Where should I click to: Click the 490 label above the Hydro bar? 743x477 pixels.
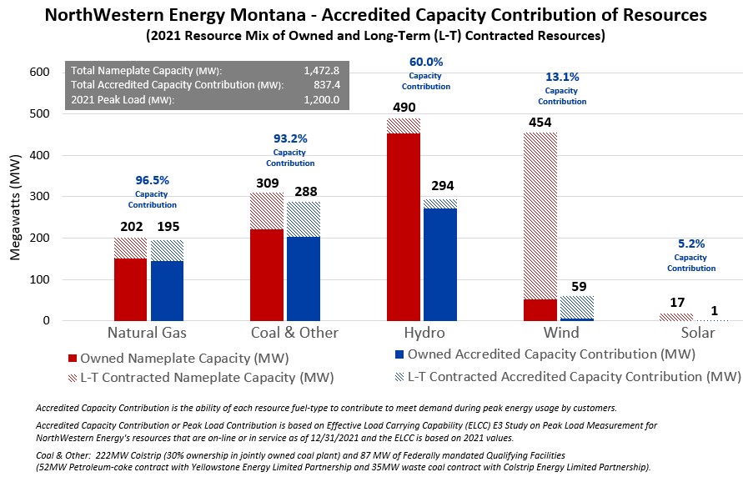click(403, 108)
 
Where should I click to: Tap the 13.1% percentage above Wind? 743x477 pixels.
click(561, 77)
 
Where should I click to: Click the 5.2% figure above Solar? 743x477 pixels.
click(691, 244)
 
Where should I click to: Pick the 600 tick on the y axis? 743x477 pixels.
click(39, 73)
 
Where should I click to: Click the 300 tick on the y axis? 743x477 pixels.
click(39, 197)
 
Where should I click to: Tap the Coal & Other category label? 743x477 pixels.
click(295, 333)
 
